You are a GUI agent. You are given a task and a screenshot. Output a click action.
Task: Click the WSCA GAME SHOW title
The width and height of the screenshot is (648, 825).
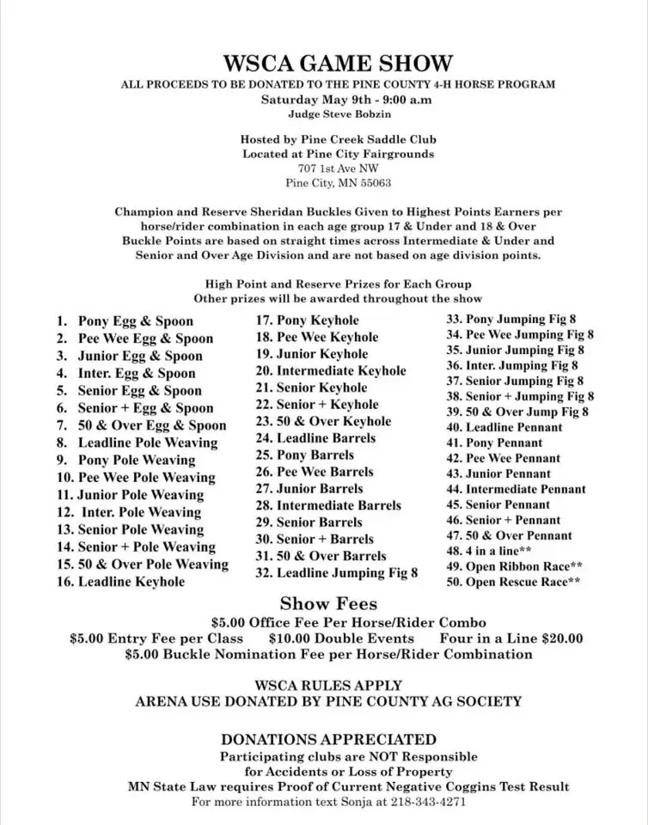(x=337, y=63)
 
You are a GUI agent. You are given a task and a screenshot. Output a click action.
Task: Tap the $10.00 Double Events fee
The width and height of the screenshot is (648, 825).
(x=340, y=639)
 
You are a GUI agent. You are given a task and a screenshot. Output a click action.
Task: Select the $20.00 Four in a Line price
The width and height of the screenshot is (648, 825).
(x=563, y=639)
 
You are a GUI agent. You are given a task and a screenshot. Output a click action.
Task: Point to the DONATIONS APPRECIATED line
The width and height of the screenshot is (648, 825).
(x=328, y=739)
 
